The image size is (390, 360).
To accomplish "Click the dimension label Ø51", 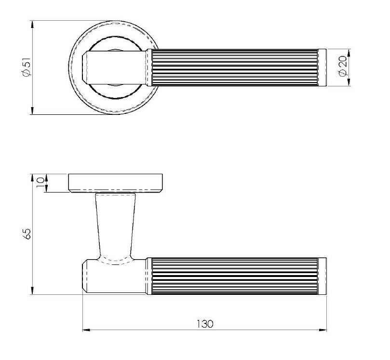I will click(26, 68).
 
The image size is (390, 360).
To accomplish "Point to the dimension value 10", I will click(40, 182).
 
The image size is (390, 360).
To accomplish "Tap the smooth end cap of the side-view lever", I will click(323, 276).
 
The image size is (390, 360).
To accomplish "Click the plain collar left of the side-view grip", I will click(148, 276).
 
